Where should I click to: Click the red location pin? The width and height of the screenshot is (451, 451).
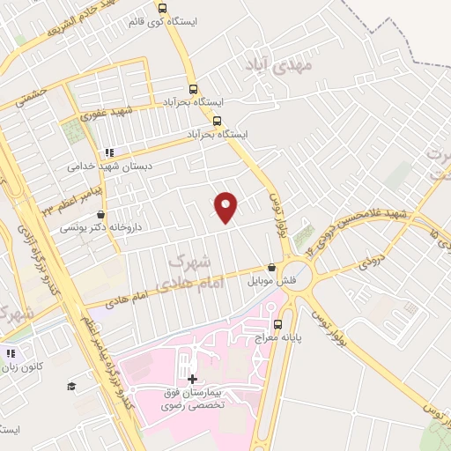coord(227,206)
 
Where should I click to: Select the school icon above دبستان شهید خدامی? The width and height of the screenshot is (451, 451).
coord(110,152)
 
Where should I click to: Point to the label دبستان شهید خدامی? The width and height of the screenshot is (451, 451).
coord(112,165)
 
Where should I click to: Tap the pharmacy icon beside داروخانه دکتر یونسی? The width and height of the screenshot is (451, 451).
coord(100,214)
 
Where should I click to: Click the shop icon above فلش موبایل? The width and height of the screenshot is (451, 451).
coord(271,267)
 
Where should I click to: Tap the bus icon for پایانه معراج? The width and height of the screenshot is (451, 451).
coord(278,323)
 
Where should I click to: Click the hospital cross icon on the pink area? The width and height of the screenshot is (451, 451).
coord(193,379)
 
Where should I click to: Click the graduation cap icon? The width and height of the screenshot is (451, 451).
coord(71,385)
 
